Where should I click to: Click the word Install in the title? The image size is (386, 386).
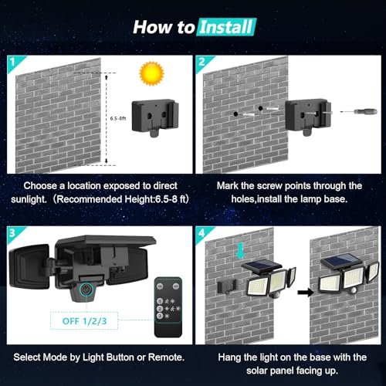click(x=225, y=28)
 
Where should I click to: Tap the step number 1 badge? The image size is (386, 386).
click(x=12, y=61)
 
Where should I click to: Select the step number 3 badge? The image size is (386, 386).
click(x=12, y=232)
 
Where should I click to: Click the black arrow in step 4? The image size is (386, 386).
click(x=298, y=293)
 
